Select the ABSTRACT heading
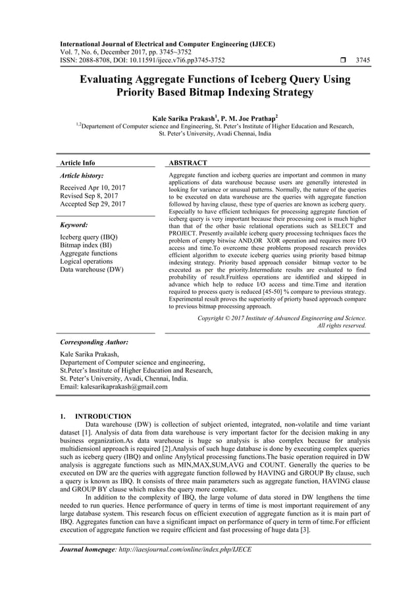point(189,162)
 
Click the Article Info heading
point(77,162)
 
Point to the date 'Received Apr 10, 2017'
point(94,187)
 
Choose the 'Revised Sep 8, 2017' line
point(90,196)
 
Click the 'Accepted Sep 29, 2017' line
point(93,204)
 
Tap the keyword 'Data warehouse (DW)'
point(92,270)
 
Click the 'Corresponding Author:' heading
point(93,343)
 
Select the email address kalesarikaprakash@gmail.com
point(113,387)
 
